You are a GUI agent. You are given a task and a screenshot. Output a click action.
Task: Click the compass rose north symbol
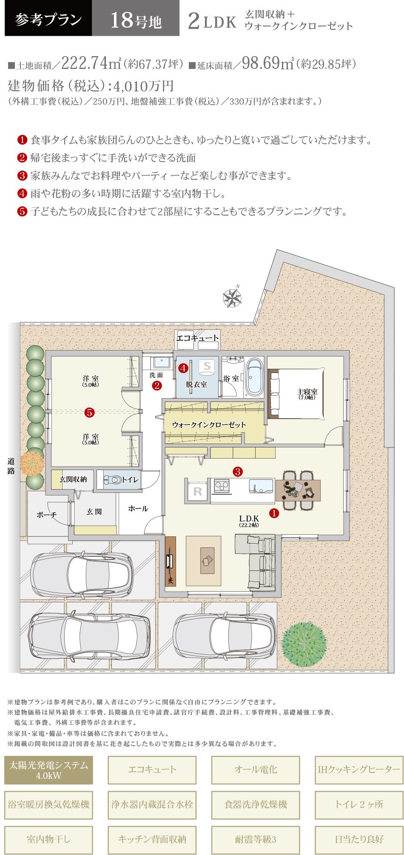233,297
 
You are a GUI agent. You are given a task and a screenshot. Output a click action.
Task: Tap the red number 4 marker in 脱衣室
183,368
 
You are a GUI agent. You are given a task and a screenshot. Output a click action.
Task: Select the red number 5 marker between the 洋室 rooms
89,412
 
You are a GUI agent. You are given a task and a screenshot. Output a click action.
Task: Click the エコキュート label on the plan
198,338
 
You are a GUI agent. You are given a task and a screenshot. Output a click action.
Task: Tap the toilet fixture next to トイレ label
112,480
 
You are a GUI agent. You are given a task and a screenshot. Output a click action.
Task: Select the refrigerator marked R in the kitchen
198,491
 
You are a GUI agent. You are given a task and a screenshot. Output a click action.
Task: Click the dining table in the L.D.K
298,490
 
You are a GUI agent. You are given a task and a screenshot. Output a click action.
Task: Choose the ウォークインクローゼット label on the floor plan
209,425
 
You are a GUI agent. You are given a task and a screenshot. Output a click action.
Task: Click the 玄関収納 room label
73,479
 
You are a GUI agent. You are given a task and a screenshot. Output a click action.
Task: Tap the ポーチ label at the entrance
47,515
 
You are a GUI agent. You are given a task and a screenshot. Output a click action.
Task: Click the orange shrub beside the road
31,463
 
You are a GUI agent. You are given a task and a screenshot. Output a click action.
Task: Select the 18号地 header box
136,18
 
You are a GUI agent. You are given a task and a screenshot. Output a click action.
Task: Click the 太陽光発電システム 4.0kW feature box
48,770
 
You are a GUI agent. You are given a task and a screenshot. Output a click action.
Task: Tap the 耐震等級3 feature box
256,839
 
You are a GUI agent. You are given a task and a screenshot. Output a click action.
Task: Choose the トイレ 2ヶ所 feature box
359,804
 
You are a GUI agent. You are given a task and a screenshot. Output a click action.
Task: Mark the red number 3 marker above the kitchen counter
238,471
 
